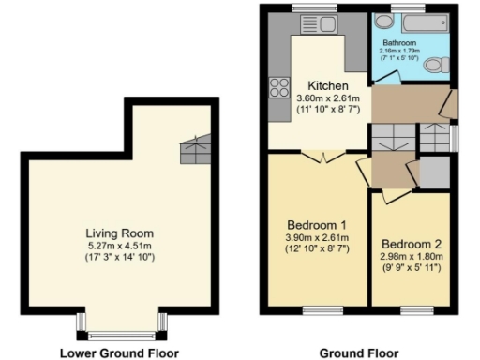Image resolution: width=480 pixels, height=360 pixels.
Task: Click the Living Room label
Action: click(119, 233)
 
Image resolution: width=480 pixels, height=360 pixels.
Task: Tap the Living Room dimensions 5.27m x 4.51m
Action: click(119, 246)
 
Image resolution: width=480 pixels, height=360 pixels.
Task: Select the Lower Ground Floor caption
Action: click(118, 352)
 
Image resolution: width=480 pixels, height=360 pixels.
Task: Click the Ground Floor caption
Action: click(359, 352)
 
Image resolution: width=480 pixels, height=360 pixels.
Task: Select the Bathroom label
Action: click(397, 41)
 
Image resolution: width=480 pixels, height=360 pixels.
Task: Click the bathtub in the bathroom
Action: click(412, 21)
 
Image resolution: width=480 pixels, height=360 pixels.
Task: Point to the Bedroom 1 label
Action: click(316, 225)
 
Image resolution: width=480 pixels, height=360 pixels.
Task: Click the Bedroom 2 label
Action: click(412, 239)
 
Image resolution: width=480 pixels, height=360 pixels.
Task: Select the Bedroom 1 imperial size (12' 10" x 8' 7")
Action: click(317, 248)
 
